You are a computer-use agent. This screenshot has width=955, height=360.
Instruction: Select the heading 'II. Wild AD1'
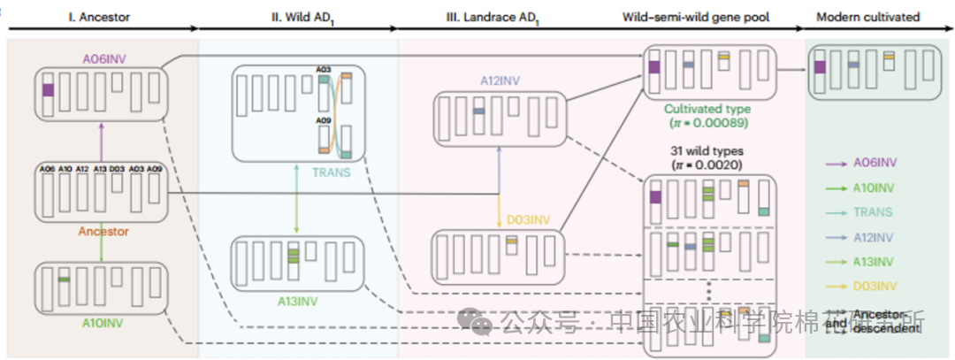pyautogui.click(x=299, y=18)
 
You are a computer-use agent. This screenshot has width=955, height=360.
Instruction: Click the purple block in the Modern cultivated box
pyautogui.click(x=821, y=67)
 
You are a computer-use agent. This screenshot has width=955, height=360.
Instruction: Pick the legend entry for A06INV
pyautogui.click(x=876, y=162)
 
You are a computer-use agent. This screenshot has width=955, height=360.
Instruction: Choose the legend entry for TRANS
pyautogui.click(x=874, y=211)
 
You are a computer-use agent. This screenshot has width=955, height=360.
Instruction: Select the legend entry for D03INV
pyautogui.click(x=876, y=286)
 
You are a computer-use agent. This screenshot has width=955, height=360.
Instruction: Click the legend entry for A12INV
pyautogui.click(x=875, y=236)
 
